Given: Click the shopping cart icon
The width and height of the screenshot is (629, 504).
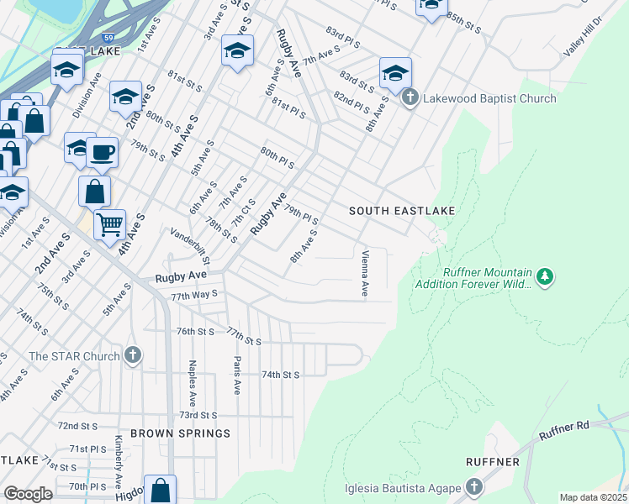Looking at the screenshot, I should click(x=109, y=225).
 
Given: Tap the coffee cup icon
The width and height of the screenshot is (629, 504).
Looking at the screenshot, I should click(x=102, y=152).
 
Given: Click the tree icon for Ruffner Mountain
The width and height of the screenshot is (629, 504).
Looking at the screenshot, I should click(x=545, y=276).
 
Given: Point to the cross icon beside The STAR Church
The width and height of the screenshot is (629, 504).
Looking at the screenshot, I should click(x=132, y=355).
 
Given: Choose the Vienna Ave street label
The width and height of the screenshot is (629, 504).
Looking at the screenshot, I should click(x=365, y=274).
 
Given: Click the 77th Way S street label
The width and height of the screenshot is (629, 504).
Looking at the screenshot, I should click(x=194, y=295).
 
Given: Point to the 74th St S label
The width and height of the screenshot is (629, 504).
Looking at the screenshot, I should click(x=281, y=375).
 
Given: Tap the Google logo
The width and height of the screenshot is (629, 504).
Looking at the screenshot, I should click(x=27, y=494).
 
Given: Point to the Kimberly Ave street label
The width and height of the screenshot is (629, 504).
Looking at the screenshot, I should click(x=119, y=467).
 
